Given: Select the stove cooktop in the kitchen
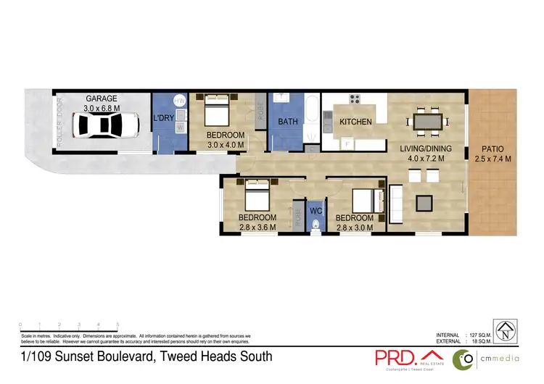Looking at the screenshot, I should click(x=355, y=100).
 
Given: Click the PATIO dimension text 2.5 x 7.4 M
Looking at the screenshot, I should click(x=493, y=158).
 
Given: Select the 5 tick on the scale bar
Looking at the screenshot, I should click(x=118, y=325).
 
